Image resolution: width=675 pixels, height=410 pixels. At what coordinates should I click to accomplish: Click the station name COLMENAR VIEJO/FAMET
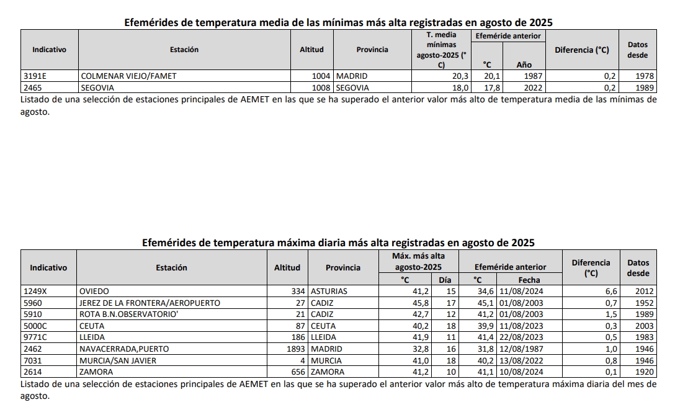(129, 76)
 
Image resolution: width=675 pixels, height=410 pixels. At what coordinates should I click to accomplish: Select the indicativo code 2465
(30, 87)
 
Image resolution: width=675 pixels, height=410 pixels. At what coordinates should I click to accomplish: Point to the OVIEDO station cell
(94, 291)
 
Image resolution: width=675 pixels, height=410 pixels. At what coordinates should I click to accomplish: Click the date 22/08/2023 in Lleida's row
(521, 337)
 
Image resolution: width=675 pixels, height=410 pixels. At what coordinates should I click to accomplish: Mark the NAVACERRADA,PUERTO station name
(124, 349)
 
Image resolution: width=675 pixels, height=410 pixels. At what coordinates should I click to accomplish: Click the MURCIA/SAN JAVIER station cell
(118, 360)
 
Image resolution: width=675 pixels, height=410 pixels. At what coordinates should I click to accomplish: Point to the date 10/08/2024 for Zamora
(521, 372)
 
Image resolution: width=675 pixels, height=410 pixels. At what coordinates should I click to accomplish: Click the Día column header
(445, 280)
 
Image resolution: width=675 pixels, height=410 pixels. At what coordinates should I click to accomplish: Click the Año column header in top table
(524, 65)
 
